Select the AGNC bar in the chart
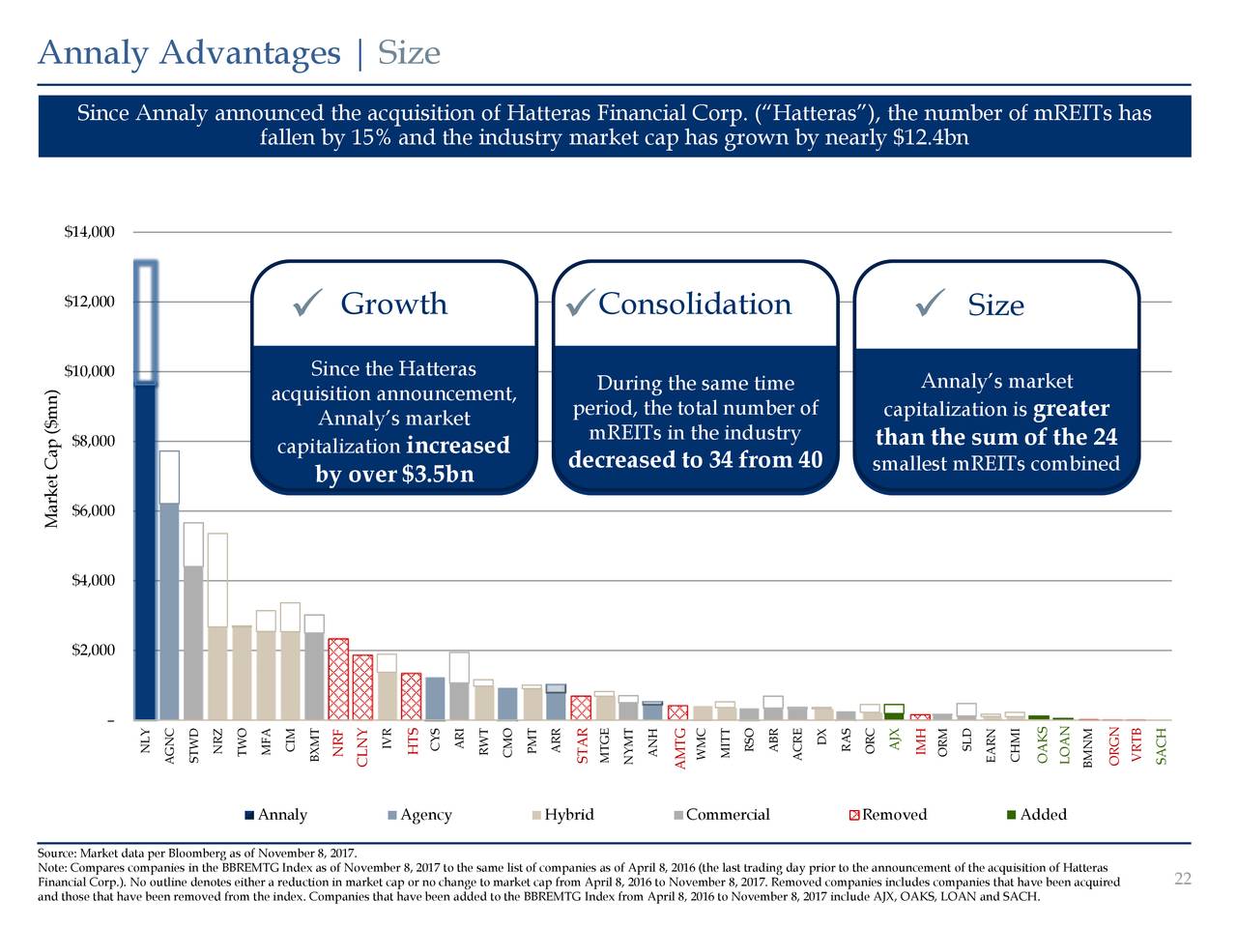(x=169, y=609)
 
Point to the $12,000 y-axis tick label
(x=90, y=302)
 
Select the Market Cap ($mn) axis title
(x=51, y=459)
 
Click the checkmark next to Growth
(x=302, y=306)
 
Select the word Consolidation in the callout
(x=694, y=304)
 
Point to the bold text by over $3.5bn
(x=394, y=476)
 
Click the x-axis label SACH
(x=1162, y=746)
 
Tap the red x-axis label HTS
(x=413, y=742)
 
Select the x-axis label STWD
(x=195, y=746)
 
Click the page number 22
(x=1182, y=878)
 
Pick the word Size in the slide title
(x=409, y=52)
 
